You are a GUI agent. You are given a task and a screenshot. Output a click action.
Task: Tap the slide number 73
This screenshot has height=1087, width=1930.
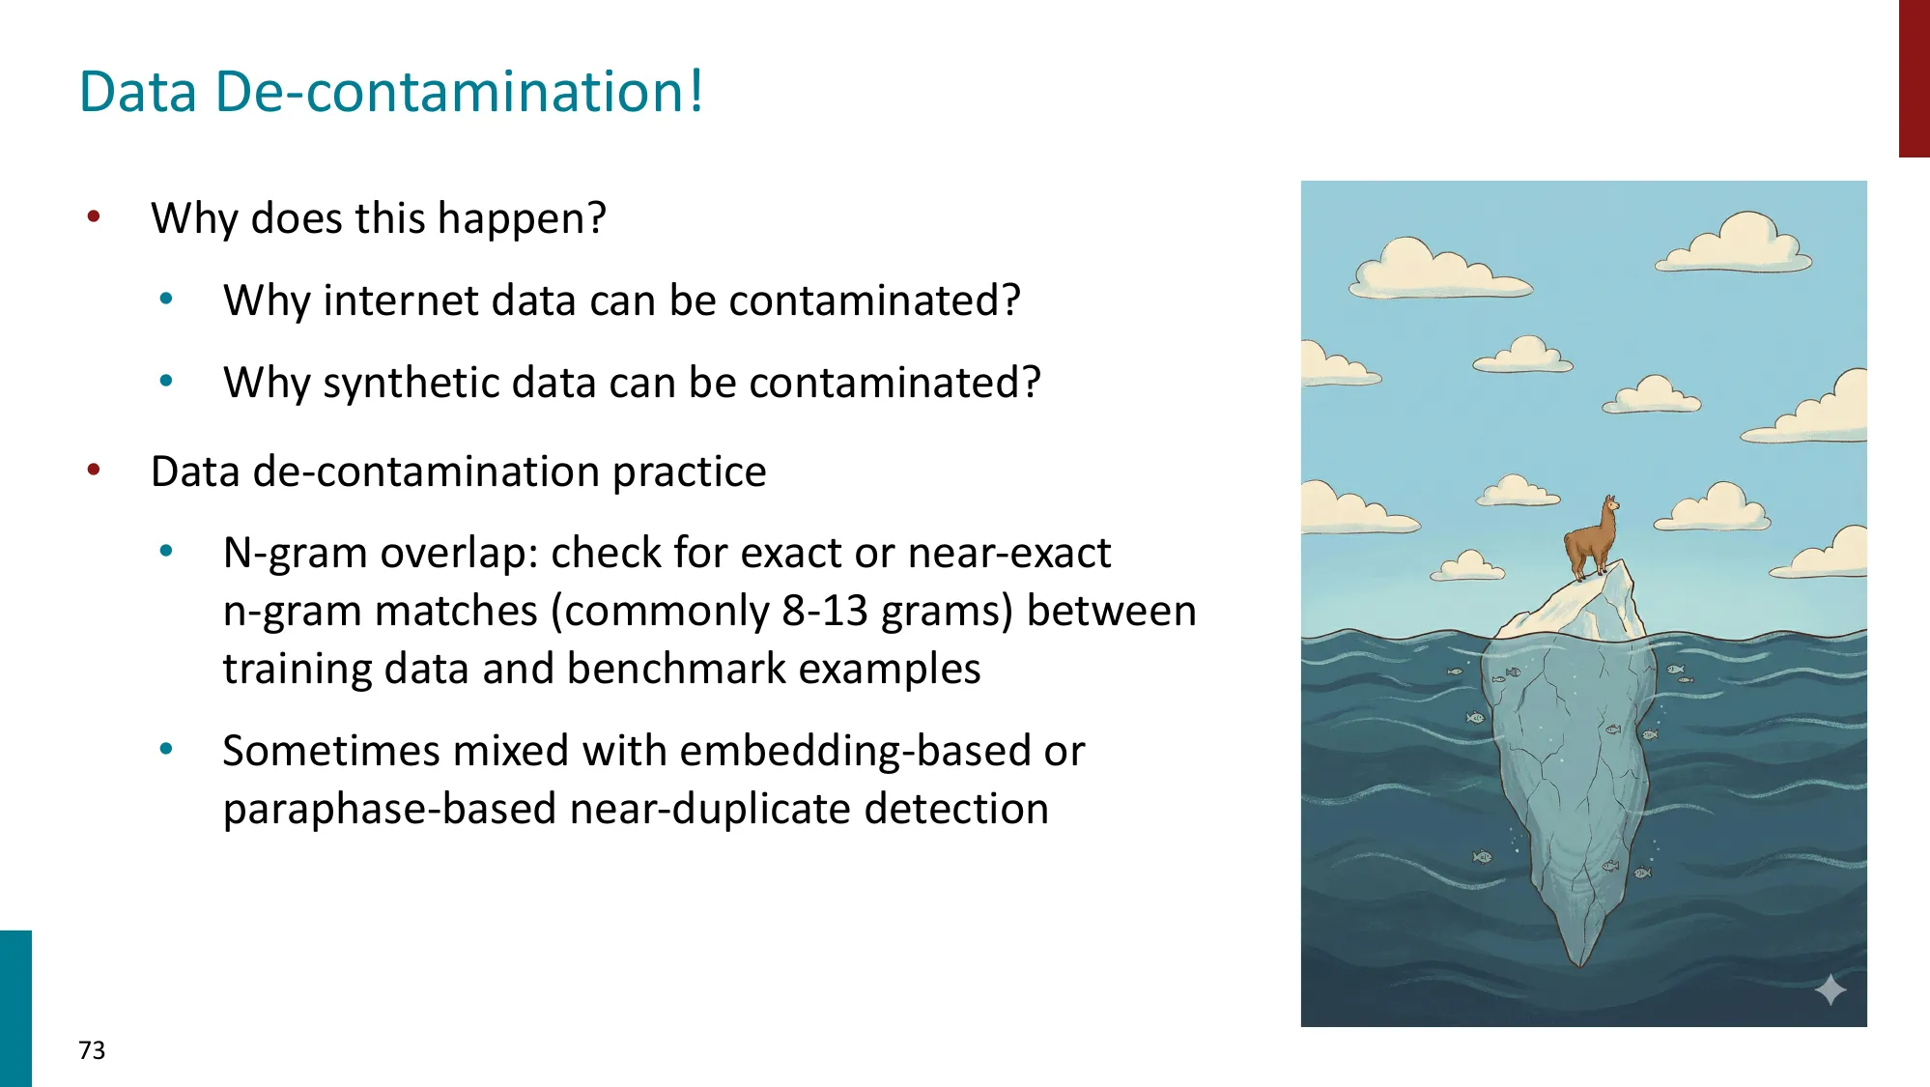[x=92, y=1050]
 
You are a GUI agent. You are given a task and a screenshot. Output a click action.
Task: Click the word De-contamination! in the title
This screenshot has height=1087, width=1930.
[x=459, y=92]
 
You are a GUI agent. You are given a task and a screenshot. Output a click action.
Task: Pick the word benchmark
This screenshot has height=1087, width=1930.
[x=675, y=669]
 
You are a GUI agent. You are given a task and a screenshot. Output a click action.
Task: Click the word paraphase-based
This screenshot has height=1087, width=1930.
[x=390, y=809]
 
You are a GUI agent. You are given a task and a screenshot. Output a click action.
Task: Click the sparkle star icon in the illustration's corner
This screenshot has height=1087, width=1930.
[x=1830, y=990]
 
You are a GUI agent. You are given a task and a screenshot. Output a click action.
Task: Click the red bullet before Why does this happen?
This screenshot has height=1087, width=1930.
[x=94, y=216]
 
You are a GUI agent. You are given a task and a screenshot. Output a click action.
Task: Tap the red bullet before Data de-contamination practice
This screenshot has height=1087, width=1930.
[x=94, y=471]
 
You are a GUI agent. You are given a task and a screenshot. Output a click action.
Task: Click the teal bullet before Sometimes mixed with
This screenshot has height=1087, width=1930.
[x=166, y=749]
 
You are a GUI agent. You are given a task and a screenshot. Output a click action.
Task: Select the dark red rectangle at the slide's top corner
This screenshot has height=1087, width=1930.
[x=1914, y=77]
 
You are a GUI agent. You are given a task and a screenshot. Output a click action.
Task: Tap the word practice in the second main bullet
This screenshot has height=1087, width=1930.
[x=689, y=472]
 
